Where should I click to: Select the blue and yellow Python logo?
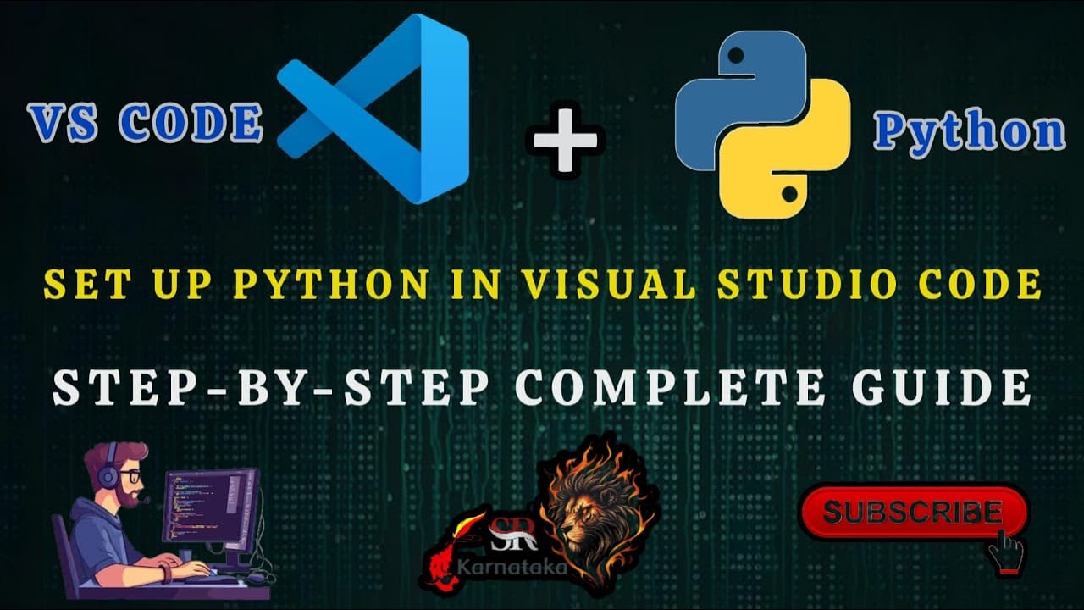click(762, 125)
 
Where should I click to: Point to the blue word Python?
click(969, 131)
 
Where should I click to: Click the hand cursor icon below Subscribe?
click(1007, 552)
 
